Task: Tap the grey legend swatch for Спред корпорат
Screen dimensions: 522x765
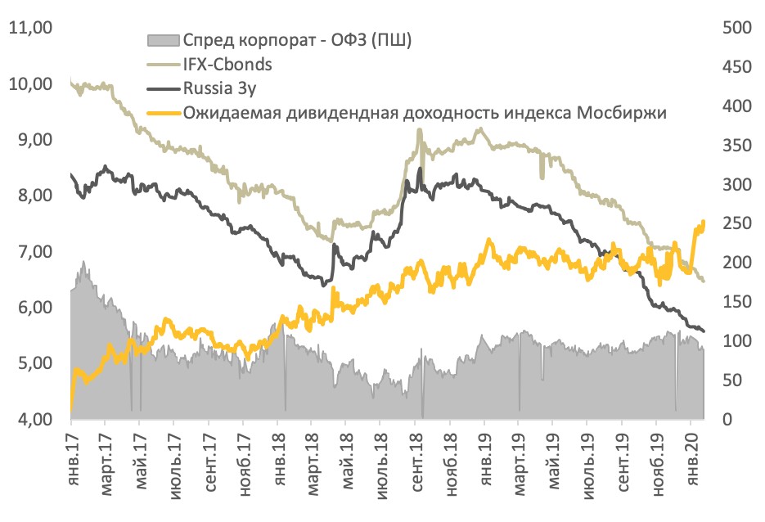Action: tap(162, 39)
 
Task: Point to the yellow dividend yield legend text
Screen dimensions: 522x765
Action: tap(425, 113)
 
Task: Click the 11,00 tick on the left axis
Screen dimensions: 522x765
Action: tap(29, 29)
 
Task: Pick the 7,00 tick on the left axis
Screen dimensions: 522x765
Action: tap(29, 252)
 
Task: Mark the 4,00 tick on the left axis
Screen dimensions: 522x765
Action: tap(29, 420)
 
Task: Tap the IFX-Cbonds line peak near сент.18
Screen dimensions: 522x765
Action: tap(419, 129)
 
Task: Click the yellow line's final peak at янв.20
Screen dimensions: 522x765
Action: tap(703, 222)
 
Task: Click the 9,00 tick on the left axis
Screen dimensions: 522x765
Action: tap(29, 141)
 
